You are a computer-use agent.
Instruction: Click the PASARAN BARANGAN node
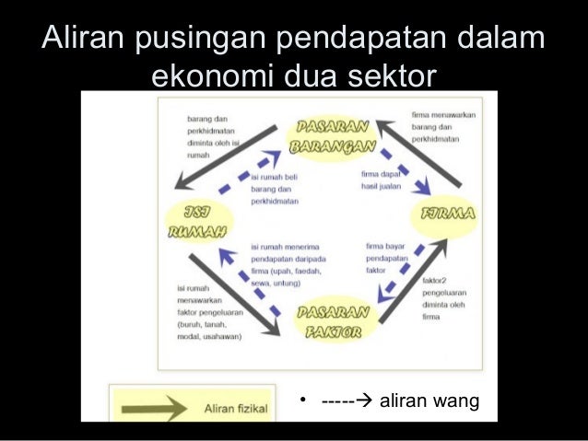(333, 136)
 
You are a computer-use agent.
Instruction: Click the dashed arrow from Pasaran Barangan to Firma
(405, 170)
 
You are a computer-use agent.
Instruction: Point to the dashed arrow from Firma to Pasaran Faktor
(401, 272)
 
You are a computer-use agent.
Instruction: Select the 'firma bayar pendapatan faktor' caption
(387, 259)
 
